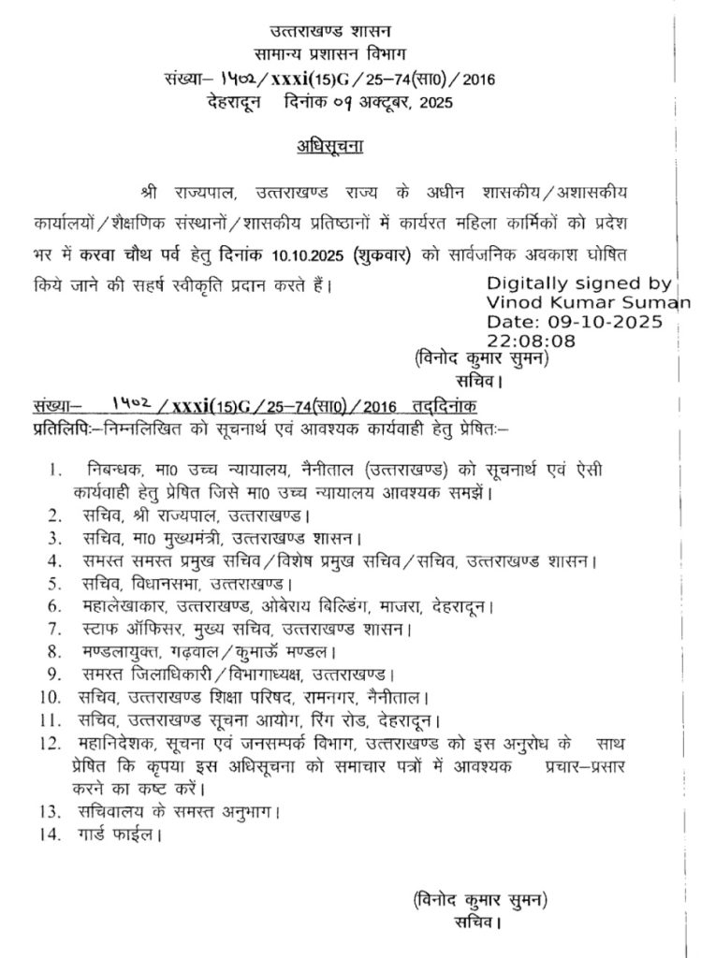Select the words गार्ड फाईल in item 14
coord(117,831)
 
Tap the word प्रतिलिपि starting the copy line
coord(58,427)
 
